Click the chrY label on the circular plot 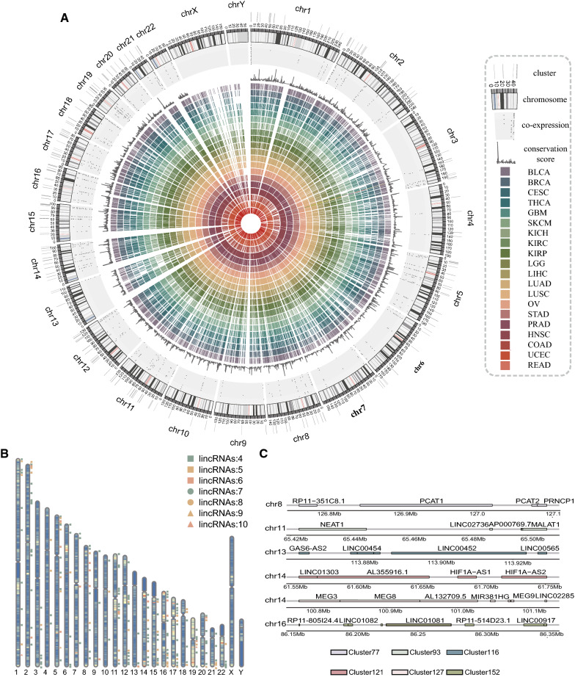pyautogui.click(x=236, y=6)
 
